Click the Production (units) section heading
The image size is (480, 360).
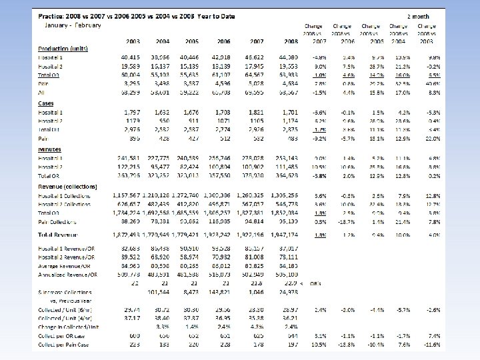click(64, 48)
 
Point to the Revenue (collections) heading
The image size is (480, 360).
click(67, 186)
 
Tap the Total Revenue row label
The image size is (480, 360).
click(57, 235)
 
